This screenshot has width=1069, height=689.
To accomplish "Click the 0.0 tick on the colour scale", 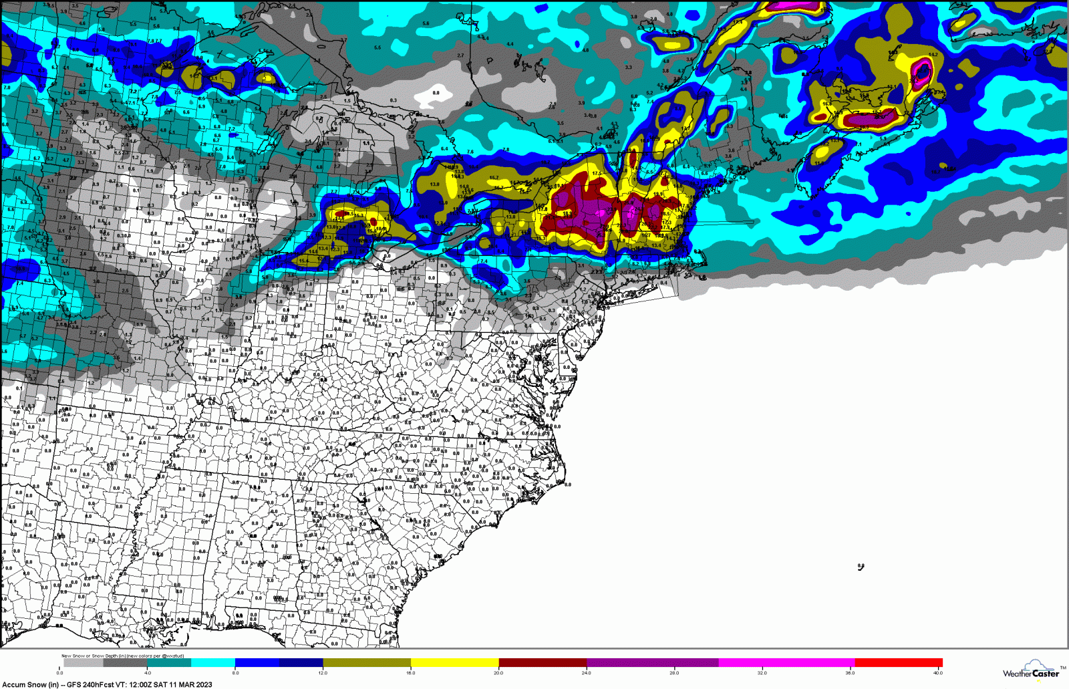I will tap(60, 673).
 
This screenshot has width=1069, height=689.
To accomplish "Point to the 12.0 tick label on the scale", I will tap(323, 673).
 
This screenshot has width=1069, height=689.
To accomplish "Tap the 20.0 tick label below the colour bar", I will tap(498, 673).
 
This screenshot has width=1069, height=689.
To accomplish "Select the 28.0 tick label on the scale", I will tap(674, 673).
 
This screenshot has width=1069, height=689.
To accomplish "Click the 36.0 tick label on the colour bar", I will tap(850, 673).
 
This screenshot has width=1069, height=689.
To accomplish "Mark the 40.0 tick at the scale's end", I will tap(938, 673).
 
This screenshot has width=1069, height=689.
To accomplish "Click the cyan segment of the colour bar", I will tap(213, 663).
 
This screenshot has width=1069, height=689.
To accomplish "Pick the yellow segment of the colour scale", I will tap(454, 663).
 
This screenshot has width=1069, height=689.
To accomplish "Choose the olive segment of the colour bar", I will tap(366, 663).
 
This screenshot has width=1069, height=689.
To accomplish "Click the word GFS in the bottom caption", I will tap(74, 684).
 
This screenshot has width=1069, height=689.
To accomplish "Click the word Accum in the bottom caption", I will tap(13, 684).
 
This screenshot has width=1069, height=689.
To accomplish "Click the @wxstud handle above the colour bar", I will tap(172, 656).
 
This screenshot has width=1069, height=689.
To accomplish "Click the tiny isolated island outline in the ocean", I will tap(861, 567).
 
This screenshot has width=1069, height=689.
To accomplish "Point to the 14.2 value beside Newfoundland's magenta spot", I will tap(933, 55).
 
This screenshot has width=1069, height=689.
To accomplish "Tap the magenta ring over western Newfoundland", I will tap(923, 71).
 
